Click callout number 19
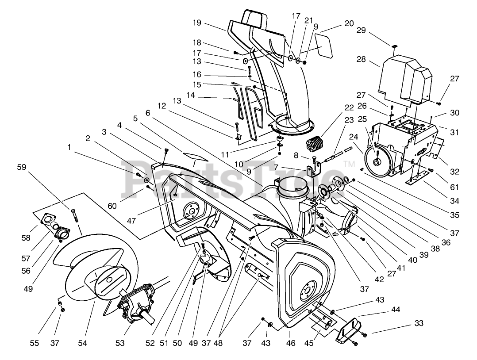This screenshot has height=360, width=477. click(x=197, y=23)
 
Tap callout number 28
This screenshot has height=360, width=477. click(x=361, y=59)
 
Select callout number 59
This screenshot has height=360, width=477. click(x=22, y=167)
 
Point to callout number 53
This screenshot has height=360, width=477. click(x=120, y=343)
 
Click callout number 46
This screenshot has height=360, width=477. click(x=291, y=343)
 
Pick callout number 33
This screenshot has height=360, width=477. click(x=419, y=323)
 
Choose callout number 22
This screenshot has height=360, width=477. click(x=349, y=107)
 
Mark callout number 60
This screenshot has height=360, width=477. click(x=112, y=206)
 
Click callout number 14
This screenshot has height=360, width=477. click(x=190, y=95)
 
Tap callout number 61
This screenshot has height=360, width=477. click(x=454, y=187)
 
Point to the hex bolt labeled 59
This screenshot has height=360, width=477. click(x=74, y=214)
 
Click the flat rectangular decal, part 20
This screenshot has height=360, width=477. click(x=323, y=46)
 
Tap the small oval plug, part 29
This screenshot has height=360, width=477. click(x=394, y=46)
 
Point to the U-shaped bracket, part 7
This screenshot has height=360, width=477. click(x=314, y=169)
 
